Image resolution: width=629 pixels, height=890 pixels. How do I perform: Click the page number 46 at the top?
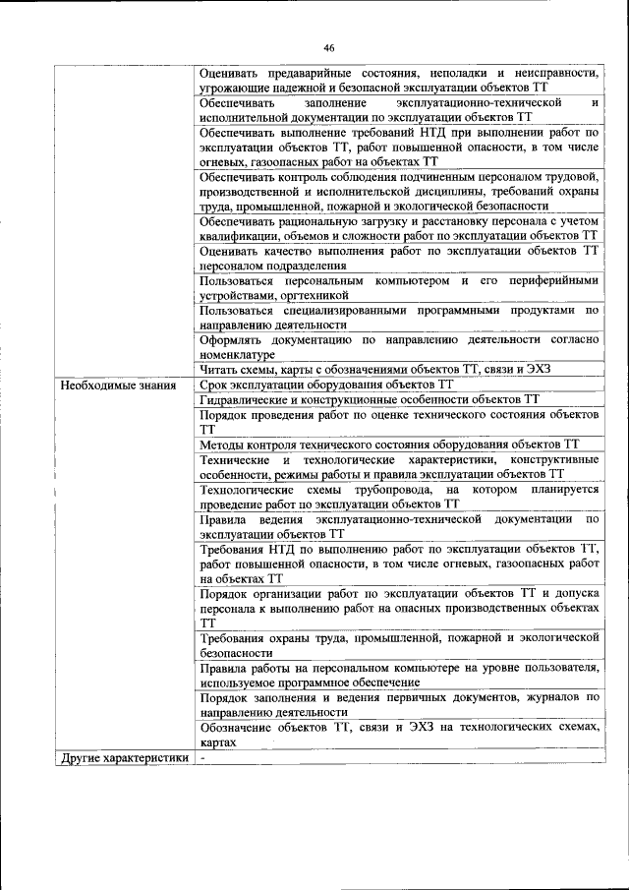[329, 46]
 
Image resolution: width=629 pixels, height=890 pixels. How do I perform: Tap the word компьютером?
[414, 280]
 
